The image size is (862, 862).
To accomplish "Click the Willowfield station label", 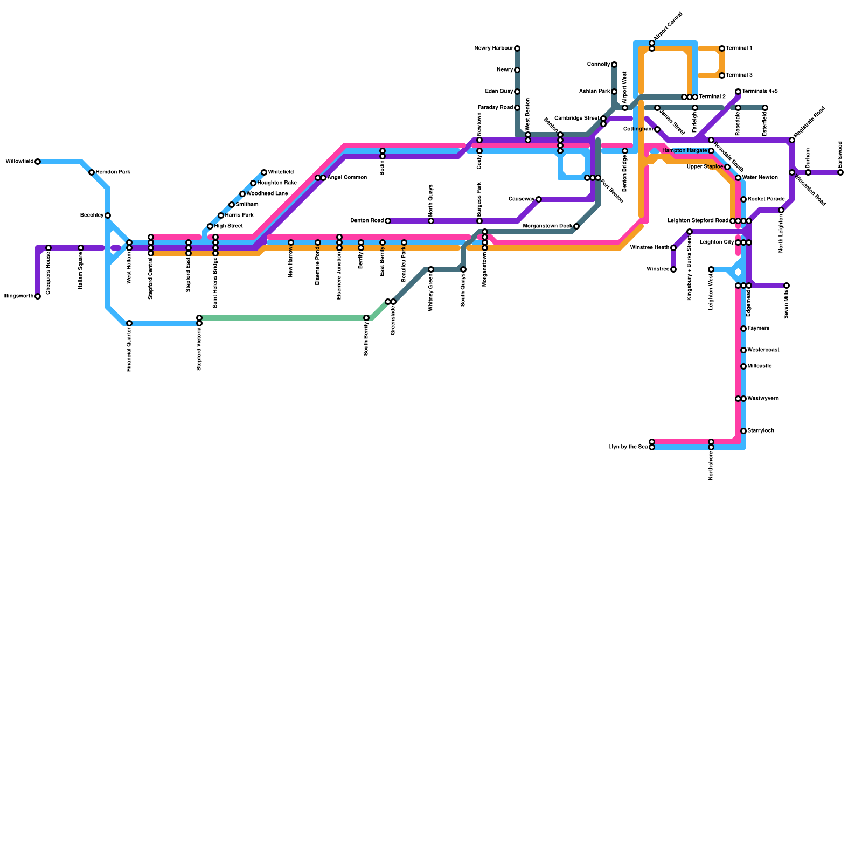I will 19,162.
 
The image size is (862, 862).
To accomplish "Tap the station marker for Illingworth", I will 38,296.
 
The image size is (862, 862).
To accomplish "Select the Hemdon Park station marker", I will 92,172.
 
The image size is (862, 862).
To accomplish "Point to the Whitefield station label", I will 281,172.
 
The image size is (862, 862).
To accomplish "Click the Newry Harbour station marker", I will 517,48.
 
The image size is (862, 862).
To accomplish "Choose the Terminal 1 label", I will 739,48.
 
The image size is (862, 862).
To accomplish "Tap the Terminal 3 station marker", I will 722,75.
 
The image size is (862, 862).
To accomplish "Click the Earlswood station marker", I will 840,172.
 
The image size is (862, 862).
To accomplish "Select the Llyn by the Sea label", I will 628,447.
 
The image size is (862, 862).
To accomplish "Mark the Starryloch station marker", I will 743,431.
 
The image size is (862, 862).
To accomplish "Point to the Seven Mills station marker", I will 787,286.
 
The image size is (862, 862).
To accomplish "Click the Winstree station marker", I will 673,269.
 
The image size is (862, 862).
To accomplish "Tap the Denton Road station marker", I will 388,221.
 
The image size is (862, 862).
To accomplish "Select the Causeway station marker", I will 539,199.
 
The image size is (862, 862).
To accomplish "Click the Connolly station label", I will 598,65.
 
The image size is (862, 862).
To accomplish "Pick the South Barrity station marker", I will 366,318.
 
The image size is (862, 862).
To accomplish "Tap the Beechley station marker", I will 108,215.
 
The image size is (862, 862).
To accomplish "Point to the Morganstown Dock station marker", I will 576,226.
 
